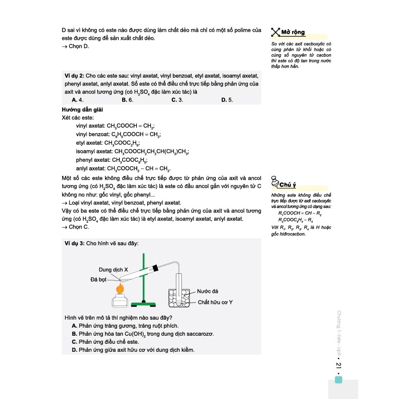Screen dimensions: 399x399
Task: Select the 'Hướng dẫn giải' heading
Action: click(82, 109)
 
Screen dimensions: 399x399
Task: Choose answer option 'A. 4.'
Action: click(77, 99)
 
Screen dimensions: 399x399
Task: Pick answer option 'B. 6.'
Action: click(127, 99)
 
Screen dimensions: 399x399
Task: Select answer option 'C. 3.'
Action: click(177, 99)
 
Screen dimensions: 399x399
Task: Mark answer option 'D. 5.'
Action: click(227, 99)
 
